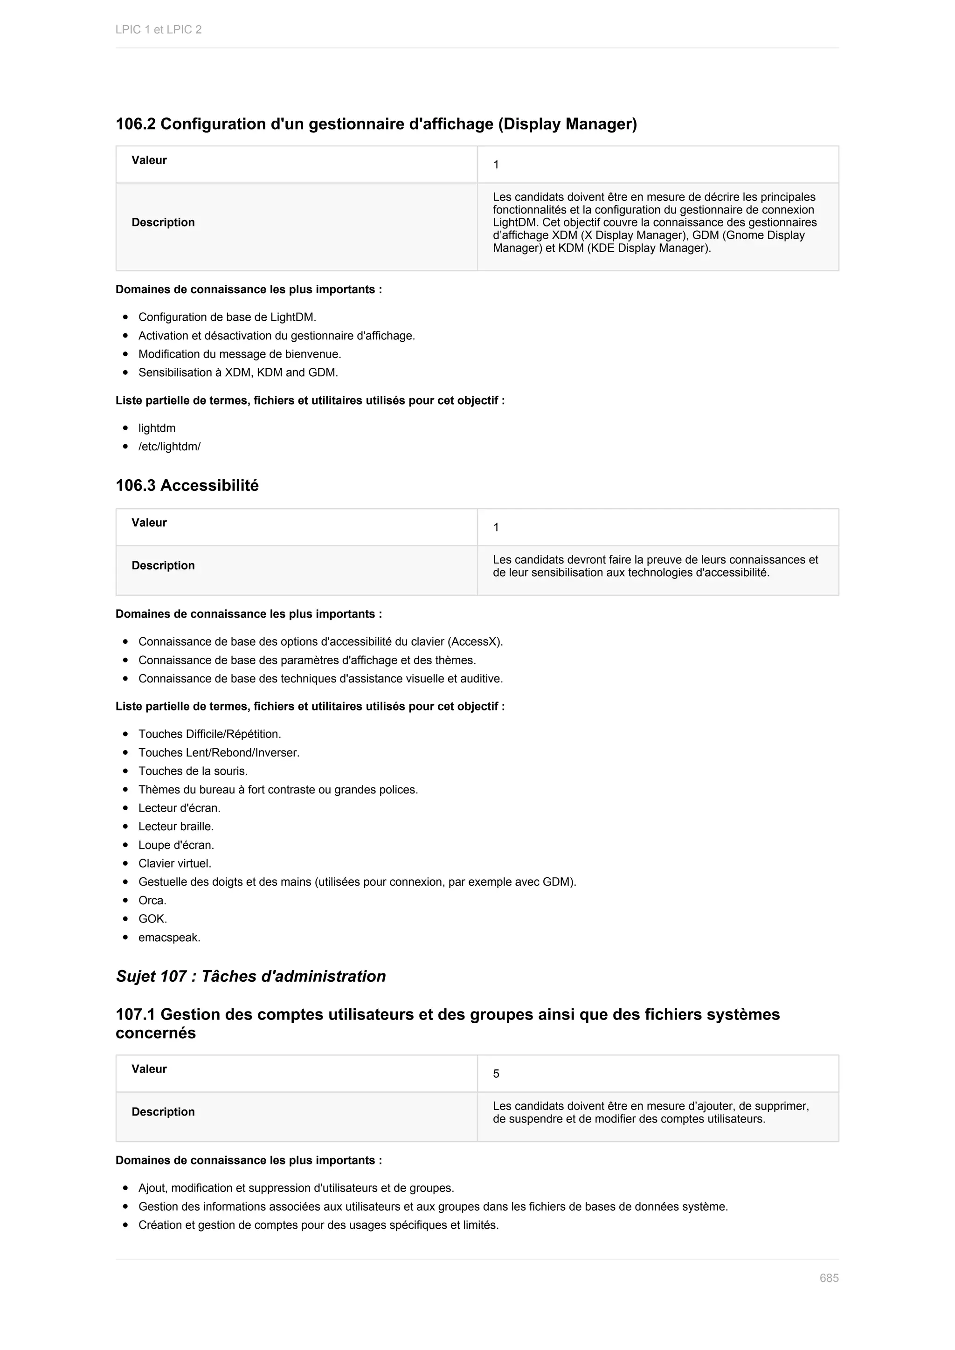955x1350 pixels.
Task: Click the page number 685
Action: click(829, 1278)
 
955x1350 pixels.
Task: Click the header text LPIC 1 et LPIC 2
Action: click(158, 29)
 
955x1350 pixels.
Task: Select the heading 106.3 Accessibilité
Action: click(187, 485)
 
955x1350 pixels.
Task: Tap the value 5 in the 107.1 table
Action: click(496, 1074)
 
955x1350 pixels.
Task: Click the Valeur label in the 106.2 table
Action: click(149, 160)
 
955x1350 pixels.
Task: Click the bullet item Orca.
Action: click(152, 900)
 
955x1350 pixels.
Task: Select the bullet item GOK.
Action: click(152, 918)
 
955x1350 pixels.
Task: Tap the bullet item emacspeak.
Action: click(169, 937)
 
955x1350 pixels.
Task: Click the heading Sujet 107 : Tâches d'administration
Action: click(250, 976)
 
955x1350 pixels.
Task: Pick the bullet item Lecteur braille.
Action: click(176, 826)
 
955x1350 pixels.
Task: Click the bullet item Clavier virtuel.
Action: click(175, 863)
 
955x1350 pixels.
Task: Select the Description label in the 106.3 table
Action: click(163, 565)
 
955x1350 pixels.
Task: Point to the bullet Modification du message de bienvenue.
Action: click(239, 354)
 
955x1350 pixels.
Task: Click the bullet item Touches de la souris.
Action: click(193, 771)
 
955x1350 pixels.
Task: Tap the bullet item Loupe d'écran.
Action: click(176, 845)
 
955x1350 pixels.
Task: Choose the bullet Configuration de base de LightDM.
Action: click(227, 317)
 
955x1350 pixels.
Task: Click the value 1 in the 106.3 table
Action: click(496, 527)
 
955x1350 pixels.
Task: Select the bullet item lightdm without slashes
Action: click(156, 428)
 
